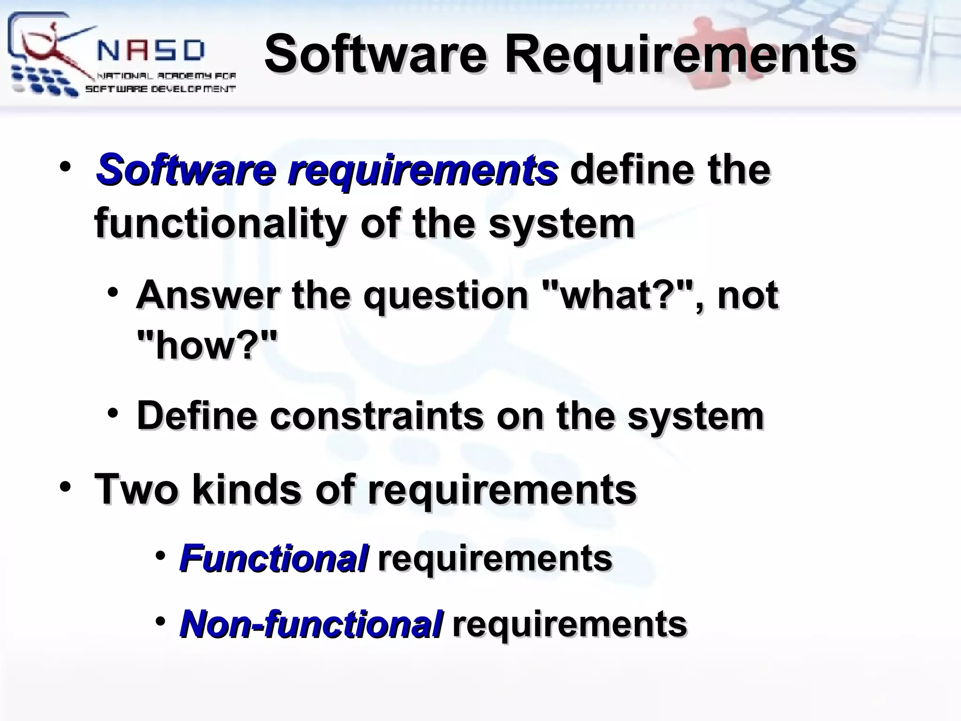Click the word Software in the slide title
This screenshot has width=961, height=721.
pos(375,55)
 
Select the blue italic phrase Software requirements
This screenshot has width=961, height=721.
pos(327,170)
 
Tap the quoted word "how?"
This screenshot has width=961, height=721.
pos(207,345)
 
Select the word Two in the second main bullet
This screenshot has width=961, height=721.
pos(136,489)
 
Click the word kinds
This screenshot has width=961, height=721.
pos(247,489)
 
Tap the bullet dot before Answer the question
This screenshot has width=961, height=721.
pos(113,293)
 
